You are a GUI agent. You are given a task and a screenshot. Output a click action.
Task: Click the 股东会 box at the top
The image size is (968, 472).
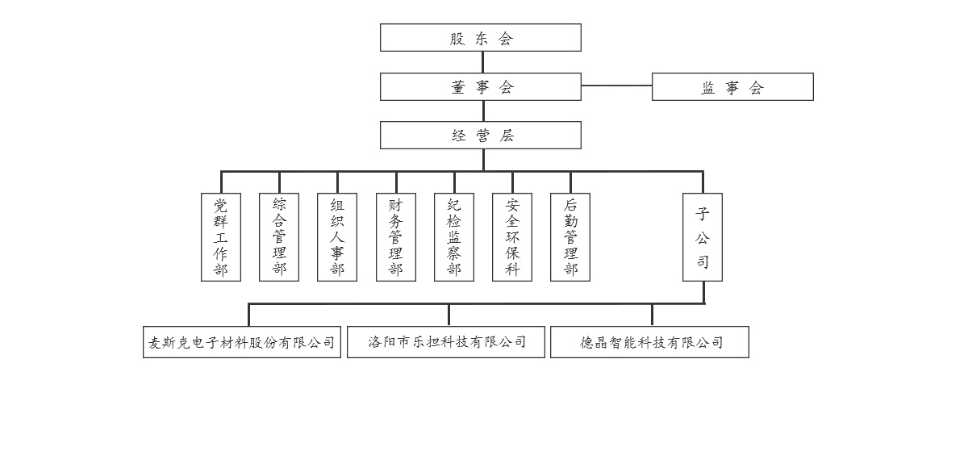coord(481,38)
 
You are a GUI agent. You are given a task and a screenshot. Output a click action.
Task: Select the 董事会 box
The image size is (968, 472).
coord(481,87)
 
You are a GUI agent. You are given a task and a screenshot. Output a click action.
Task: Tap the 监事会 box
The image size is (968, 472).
coord(732,87)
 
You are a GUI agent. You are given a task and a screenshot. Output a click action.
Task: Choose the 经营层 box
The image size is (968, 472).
coord(481,136)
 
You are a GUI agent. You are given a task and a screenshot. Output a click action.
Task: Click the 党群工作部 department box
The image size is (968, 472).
coord(221,237)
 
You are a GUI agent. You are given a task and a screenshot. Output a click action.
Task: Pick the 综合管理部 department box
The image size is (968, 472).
coord(279,237)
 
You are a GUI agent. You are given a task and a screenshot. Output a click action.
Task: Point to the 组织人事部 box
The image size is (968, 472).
coord(337,237)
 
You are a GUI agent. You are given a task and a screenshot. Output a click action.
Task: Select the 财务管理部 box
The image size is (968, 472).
coord(396,237)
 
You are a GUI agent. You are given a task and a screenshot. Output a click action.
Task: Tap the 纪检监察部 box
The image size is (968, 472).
coord(454,237)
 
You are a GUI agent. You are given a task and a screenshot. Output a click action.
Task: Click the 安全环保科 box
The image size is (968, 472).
coord(512,237)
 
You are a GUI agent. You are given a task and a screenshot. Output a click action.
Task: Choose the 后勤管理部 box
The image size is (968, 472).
coord(570,237)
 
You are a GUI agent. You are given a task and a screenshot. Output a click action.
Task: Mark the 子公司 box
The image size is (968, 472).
coord(703,237)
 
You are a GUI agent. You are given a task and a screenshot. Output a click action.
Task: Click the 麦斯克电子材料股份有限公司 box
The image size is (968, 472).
coord(242,342)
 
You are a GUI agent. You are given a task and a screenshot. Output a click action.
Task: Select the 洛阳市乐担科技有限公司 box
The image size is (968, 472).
coord(446,342)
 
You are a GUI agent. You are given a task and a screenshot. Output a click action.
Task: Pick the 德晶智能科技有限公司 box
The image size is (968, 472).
coord(649,342)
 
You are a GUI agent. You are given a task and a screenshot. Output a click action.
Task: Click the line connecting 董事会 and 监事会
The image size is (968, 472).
coord(616,86)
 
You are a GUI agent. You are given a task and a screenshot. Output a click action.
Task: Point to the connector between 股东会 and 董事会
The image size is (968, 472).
coord(483,62)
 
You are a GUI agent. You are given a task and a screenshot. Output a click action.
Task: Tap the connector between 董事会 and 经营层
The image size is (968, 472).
coord(483,111)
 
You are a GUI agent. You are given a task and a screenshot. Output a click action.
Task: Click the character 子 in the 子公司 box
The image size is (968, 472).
coord(703,214)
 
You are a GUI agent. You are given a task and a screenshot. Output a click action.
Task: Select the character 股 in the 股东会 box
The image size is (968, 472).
coord(457,39)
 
